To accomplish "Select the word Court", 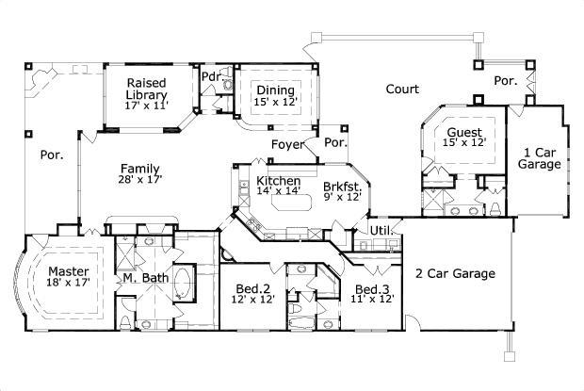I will click(402, 90).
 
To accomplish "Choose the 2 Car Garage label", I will click(455, 274).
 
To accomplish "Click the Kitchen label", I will click(278, 180).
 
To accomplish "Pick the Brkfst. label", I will click(341, 187).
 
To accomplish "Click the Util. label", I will click(381, 230).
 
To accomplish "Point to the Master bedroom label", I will click(68, 270).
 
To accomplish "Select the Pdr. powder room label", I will click(211, 75).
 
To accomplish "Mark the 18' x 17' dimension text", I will click(68, 282).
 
